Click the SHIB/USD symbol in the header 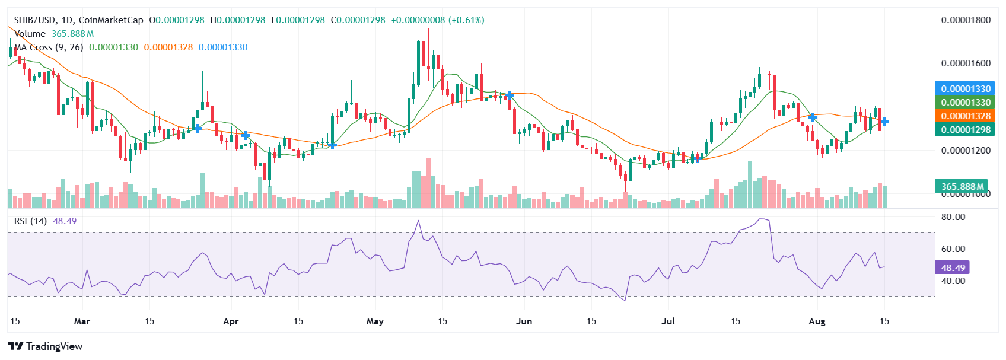tap(35, 20)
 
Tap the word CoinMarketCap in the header tap(111, 20)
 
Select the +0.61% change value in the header tap(466, 20)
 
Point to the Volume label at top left tap(30, 34)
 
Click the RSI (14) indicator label tap(30, 221)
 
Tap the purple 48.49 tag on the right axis tap(953, 267)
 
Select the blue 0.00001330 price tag tap(965, 89)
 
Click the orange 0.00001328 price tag tap(965, 116)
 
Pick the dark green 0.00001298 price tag tap(965, 130)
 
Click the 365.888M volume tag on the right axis tap(961, 186)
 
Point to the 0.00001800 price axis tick tap(966, 20)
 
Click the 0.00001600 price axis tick tap(966, 63)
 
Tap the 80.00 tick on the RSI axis tap(953, 217)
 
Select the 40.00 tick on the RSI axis tap(953, 281)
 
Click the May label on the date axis tap(375, 321)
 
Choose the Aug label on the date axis tap(817, 321)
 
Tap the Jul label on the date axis tap(668, 321)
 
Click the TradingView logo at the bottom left tap(45, 346)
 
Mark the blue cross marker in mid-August tap(884, 122)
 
